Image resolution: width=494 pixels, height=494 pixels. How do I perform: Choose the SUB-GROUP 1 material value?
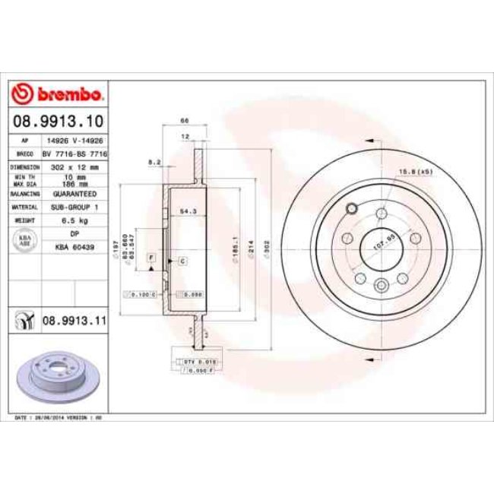(74, 206)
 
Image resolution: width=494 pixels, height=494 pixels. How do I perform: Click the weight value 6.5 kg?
(74, 219)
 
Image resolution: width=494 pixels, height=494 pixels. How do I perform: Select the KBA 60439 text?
(74, 247)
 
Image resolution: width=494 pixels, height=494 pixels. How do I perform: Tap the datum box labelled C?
(183, 261)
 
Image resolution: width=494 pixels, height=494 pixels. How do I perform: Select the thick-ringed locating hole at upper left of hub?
(350, 210)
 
